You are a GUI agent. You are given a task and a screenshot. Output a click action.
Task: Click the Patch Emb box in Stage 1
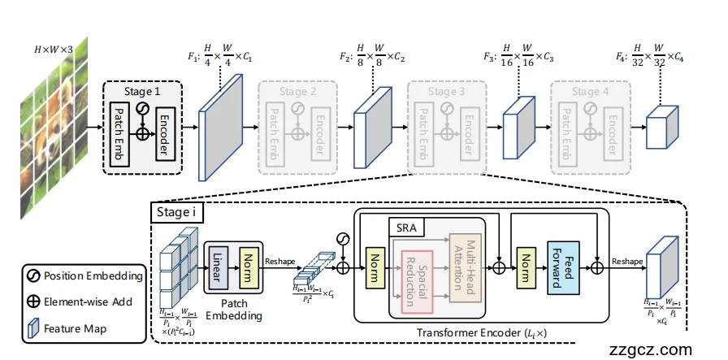tap(118, 128)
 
